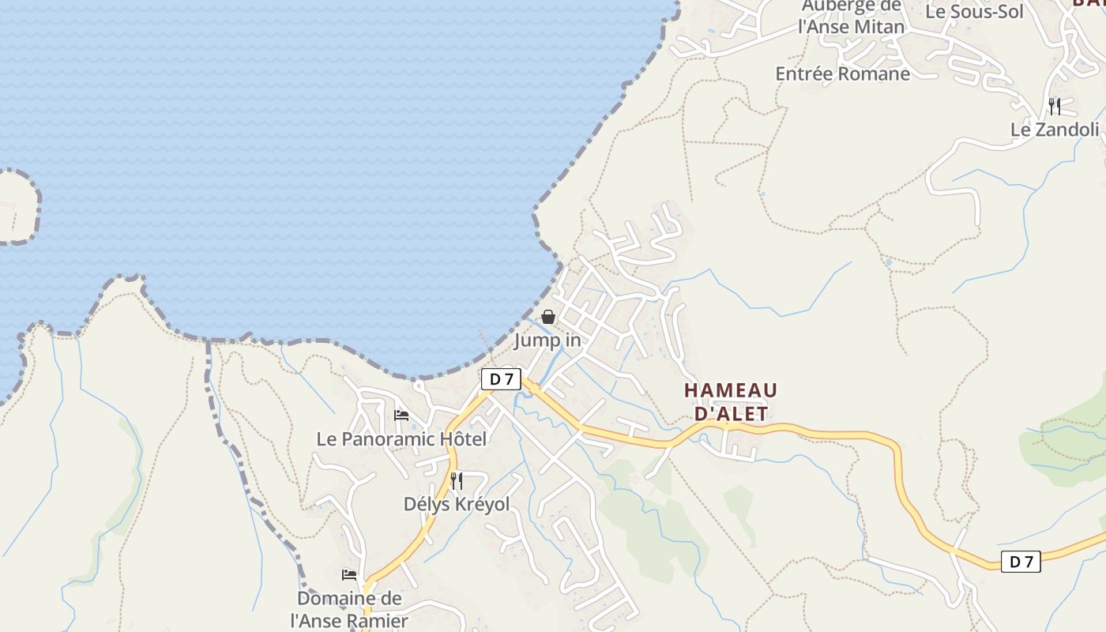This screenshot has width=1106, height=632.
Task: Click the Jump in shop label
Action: click(547, 340)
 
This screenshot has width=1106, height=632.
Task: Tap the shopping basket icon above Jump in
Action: click(547, 317)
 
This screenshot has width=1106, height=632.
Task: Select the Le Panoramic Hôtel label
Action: click(401, 438)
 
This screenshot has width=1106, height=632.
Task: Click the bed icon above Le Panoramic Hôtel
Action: click(401, 416)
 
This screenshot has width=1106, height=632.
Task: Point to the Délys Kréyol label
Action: click(456, 504)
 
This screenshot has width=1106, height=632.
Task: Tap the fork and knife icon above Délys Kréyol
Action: click(457, 480)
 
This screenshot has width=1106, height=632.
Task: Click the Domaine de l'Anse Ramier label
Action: click(349, 609)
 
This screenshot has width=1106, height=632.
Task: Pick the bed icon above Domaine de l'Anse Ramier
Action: click(349, 575)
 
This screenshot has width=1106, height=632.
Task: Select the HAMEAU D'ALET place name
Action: click(731, 401)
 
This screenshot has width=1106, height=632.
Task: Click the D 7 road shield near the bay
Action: click(501, 379)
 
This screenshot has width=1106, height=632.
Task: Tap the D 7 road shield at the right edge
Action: click(1021, 562)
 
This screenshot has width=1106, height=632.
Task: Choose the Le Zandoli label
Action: click(1055, 130)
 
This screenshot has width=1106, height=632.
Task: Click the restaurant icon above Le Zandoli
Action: click(1055, 106)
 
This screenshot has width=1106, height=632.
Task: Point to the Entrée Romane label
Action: click(842, 73)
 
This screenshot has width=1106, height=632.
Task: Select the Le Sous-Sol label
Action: click(974, 12)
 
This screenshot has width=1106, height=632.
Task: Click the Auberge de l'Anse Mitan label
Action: click(851, 17)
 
